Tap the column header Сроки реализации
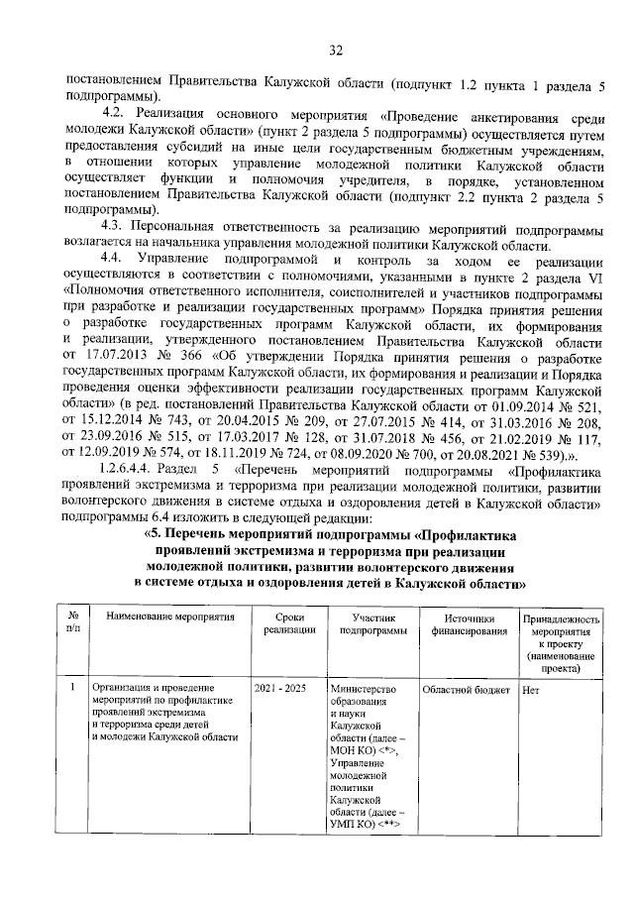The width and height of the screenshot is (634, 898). [x=282, y=623]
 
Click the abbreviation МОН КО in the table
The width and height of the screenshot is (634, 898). [x=351, y=751]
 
